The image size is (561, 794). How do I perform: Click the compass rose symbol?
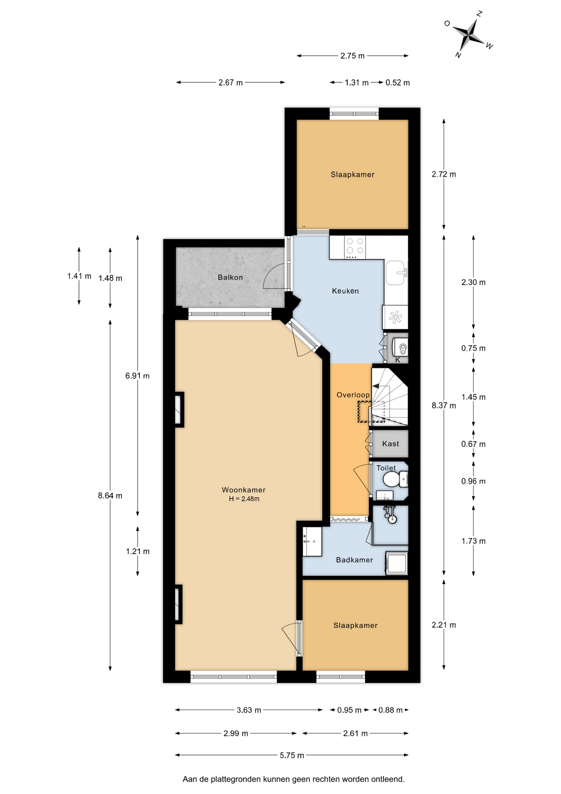[x=469, y=33]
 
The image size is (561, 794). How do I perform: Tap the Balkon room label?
[x=230, y=277]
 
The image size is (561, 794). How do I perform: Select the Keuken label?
[x=345, y=291]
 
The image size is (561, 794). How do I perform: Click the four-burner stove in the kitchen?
[x=355, y=246]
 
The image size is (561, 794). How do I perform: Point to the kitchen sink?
[x=395, y=273]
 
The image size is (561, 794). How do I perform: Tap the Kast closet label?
[x=390, y=444]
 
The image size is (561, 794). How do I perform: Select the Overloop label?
[x=353, y=395]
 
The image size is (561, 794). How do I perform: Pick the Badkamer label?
[x=354, y=560]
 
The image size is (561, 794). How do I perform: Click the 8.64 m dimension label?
[x=110, y=495]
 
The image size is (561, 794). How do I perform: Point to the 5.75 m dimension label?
[x=292, y=756]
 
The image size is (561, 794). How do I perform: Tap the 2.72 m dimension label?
[x=444, y=175]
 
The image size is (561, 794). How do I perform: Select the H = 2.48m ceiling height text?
[x=244, y=499]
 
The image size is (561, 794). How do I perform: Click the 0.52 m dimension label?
[x=397, y=83]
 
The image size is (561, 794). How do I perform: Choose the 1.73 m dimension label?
[x=473, y=541]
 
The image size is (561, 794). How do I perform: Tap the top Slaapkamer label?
[x=352, y=175]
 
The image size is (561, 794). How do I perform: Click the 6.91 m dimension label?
[x=138, y=376]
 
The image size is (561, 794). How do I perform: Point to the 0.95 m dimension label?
[x=349, y=710]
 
